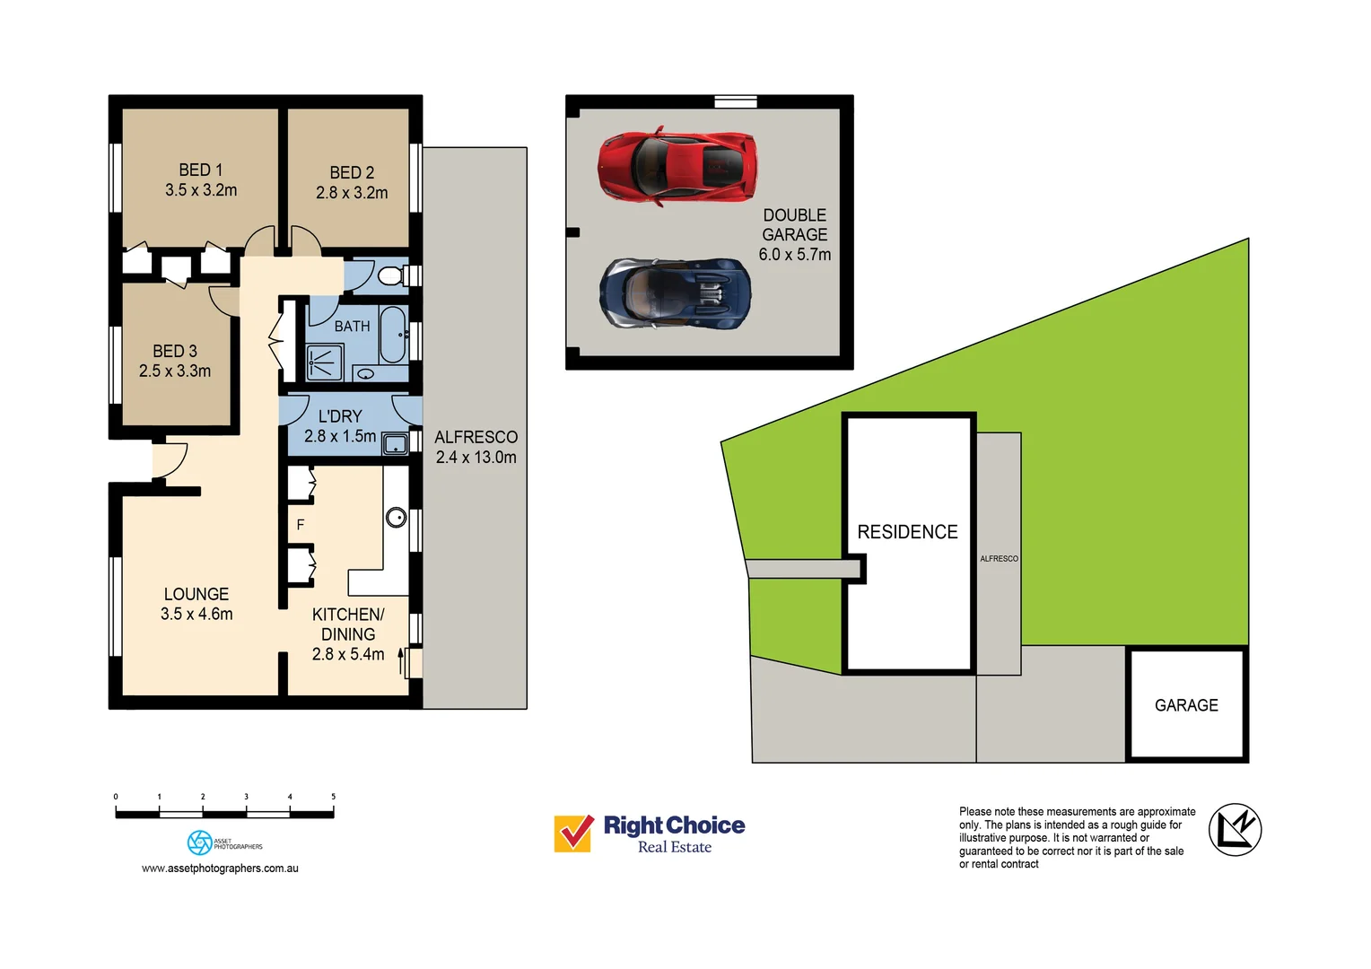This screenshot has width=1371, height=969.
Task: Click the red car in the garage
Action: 677,166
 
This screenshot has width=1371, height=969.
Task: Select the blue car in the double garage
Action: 675,294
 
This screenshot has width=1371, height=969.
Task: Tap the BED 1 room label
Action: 200,170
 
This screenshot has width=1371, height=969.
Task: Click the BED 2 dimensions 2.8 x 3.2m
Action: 352,193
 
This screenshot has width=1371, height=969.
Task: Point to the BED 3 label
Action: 175,352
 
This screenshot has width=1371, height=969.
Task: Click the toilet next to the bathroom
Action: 391,275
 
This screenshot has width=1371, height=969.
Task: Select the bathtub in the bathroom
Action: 393,334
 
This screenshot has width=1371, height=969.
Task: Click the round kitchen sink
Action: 396,518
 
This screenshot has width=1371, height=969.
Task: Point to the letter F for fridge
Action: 301,525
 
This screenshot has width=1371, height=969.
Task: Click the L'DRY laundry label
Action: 340,416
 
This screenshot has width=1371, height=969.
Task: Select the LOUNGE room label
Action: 196,594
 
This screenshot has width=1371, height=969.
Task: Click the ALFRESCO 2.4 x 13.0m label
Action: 476,447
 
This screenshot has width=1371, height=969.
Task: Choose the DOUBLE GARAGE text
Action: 795,225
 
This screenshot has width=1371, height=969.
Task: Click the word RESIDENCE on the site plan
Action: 907,532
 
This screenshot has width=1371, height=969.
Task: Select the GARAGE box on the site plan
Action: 1186,705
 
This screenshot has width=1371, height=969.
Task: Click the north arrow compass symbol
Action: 1235,830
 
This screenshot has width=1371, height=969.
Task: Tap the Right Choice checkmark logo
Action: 573,834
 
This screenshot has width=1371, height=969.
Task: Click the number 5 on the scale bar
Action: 333,797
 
